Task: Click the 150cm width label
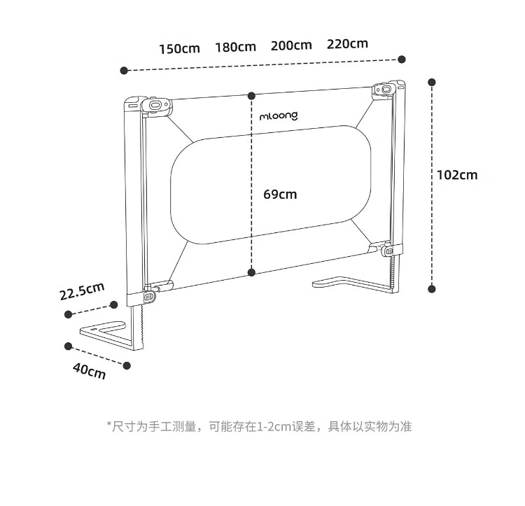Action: click(179, 48)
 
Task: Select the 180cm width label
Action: click(235, 47)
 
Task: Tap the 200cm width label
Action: click(291, 45)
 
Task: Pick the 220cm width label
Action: click(347, 43)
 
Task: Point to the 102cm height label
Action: click(457, 174)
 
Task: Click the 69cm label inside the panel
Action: click(280, 195)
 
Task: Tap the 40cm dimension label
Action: click(89, 371)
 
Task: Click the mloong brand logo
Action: click(279, 115)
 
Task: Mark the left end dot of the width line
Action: click(124, 70)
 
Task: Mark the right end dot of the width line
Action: click(401, 59)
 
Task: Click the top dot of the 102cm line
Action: click(432, 82)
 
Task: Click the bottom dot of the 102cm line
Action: click(432, 288)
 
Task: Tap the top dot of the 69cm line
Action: click(251, 94)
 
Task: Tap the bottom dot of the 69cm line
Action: click(251, 273)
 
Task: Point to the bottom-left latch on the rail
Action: click(148, 297)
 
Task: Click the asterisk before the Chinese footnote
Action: click(109, 425)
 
